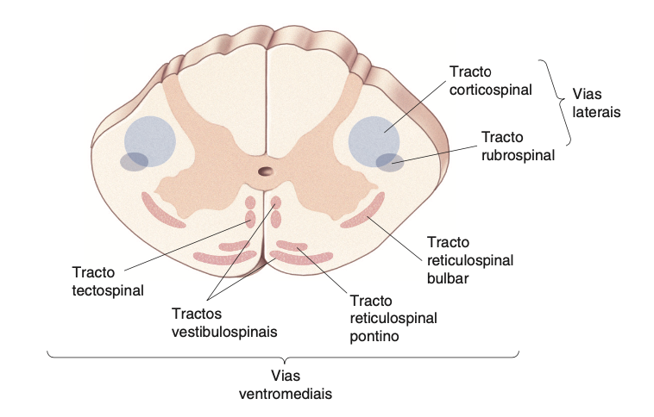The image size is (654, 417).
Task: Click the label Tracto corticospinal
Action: point(490,79)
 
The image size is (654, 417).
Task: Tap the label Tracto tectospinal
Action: point(108,281)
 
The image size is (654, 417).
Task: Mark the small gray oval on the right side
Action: point(390,161)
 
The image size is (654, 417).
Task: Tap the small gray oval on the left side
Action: point(134,161)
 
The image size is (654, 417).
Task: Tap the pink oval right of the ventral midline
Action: point(277,204)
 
